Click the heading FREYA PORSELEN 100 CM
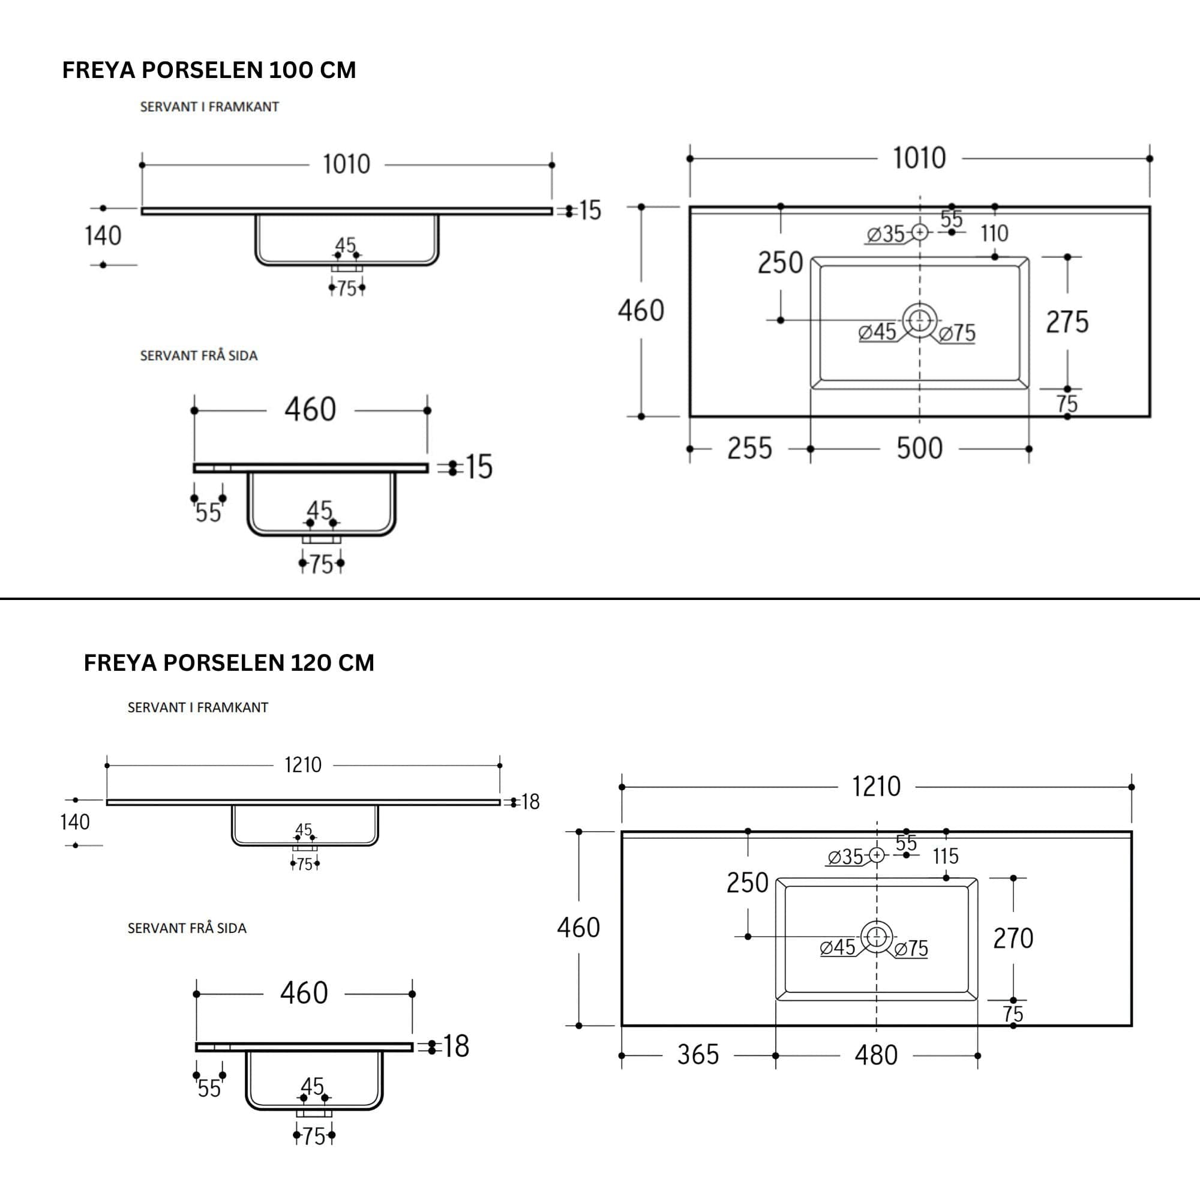tap(209, 70)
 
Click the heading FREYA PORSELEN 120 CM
tap(229, 663)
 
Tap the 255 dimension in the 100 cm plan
tap(749, 448)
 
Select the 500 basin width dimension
tap(919, 448)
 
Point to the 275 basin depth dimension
tap(1067, 322)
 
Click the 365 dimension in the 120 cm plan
tap(698, 1055)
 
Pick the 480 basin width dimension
tap(877, 1055)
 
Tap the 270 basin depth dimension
tap(1013, 938)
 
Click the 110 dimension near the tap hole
tap(994, 233)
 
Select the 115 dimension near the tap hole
tap(946, 857)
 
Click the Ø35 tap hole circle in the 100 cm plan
tap(920, 232)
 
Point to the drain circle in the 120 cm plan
tap(877, 936)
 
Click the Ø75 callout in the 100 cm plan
tap(957, 334)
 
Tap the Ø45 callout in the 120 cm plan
tap(837, 948)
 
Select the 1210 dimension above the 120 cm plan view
tap(877, 787)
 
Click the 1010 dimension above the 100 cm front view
tap(347, 164)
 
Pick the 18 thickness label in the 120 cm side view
tap(456, 1046)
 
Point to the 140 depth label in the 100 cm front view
tap(103, 236)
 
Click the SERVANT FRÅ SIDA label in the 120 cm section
tap(187, 928)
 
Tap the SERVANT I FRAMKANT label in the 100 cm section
tap(209, 107)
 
